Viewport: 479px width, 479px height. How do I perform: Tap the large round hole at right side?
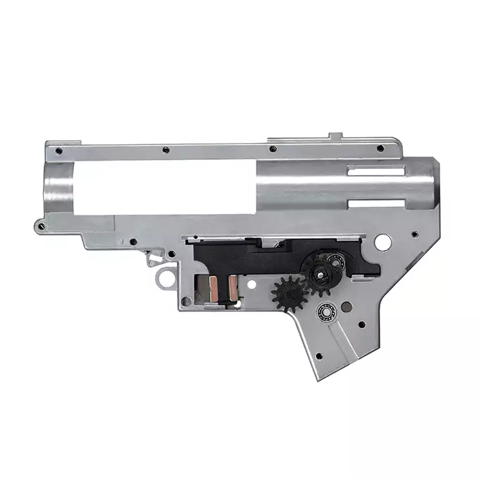tap(382, 242)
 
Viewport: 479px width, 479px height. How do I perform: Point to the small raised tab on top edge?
tap(336, 136)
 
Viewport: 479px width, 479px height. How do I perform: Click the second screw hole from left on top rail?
tap(164, 149)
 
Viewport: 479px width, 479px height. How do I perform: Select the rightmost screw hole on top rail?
tap(380, 148)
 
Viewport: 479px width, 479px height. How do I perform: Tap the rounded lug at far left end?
tap(39, 225)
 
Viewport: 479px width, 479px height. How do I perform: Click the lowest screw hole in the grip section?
tap(318, 355)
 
